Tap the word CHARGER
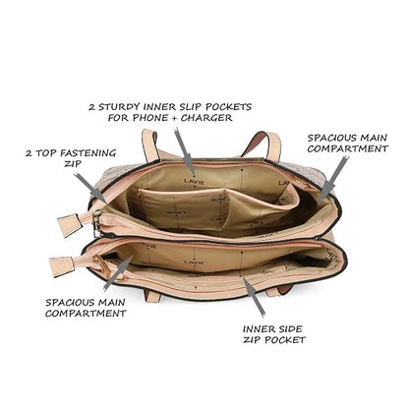[206, 118]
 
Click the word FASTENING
[88, 153]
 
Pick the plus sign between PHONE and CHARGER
[174, 118]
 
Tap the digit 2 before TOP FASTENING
[29, 153]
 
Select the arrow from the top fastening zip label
[89, 188]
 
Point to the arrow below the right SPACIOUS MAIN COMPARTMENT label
[332, 180]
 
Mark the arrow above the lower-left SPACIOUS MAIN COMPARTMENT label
[118, 273]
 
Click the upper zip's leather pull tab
[69, 225]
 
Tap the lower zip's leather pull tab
[61, 266]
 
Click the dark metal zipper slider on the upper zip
[97, 223]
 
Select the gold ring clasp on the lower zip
[99, 263]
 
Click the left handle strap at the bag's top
[150, 145]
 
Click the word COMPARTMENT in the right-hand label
[348, 148]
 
